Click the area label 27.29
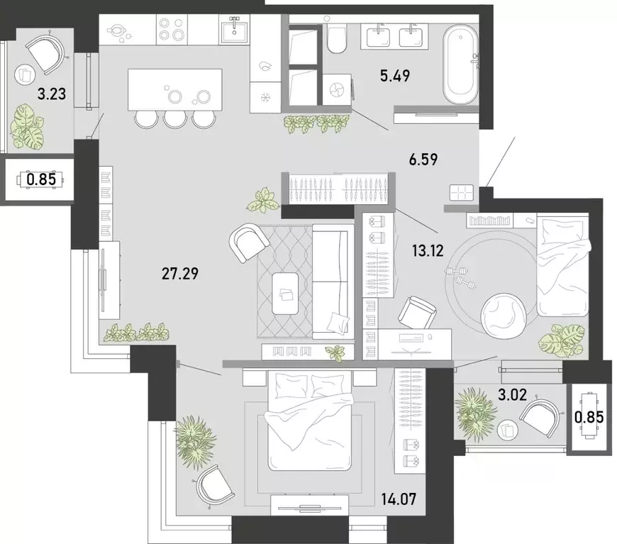(x=180, y=273)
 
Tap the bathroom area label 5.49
(x=395, y=75)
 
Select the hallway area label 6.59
(x=423, y=160)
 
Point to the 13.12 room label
(x=428, y=250)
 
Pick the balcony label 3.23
(x=52, y=94)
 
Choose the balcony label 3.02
(x=512, y=394)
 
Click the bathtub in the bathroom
(x=460, y=65)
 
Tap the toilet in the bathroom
(x=336, y=38)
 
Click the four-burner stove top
(x=172, y=30)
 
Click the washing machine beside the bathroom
(x=337, y=90)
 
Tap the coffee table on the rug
(x=285, y=293)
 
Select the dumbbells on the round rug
(x=460, y=276)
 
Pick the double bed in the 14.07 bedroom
(x=309, y=421)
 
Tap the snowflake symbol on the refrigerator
(x=265, y=97)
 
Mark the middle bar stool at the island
(x=174, y=119)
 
